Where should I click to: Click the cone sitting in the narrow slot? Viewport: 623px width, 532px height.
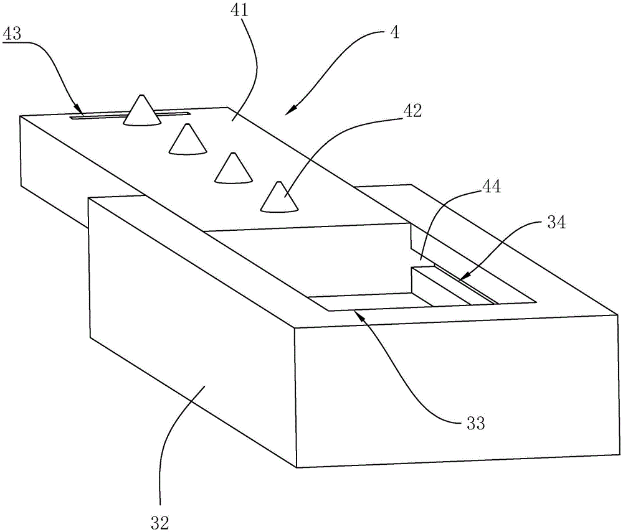tap(142, 111)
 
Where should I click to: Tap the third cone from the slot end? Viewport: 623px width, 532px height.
tap(234, 168)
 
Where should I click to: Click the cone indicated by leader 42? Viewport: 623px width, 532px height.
tap(279, 197)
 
